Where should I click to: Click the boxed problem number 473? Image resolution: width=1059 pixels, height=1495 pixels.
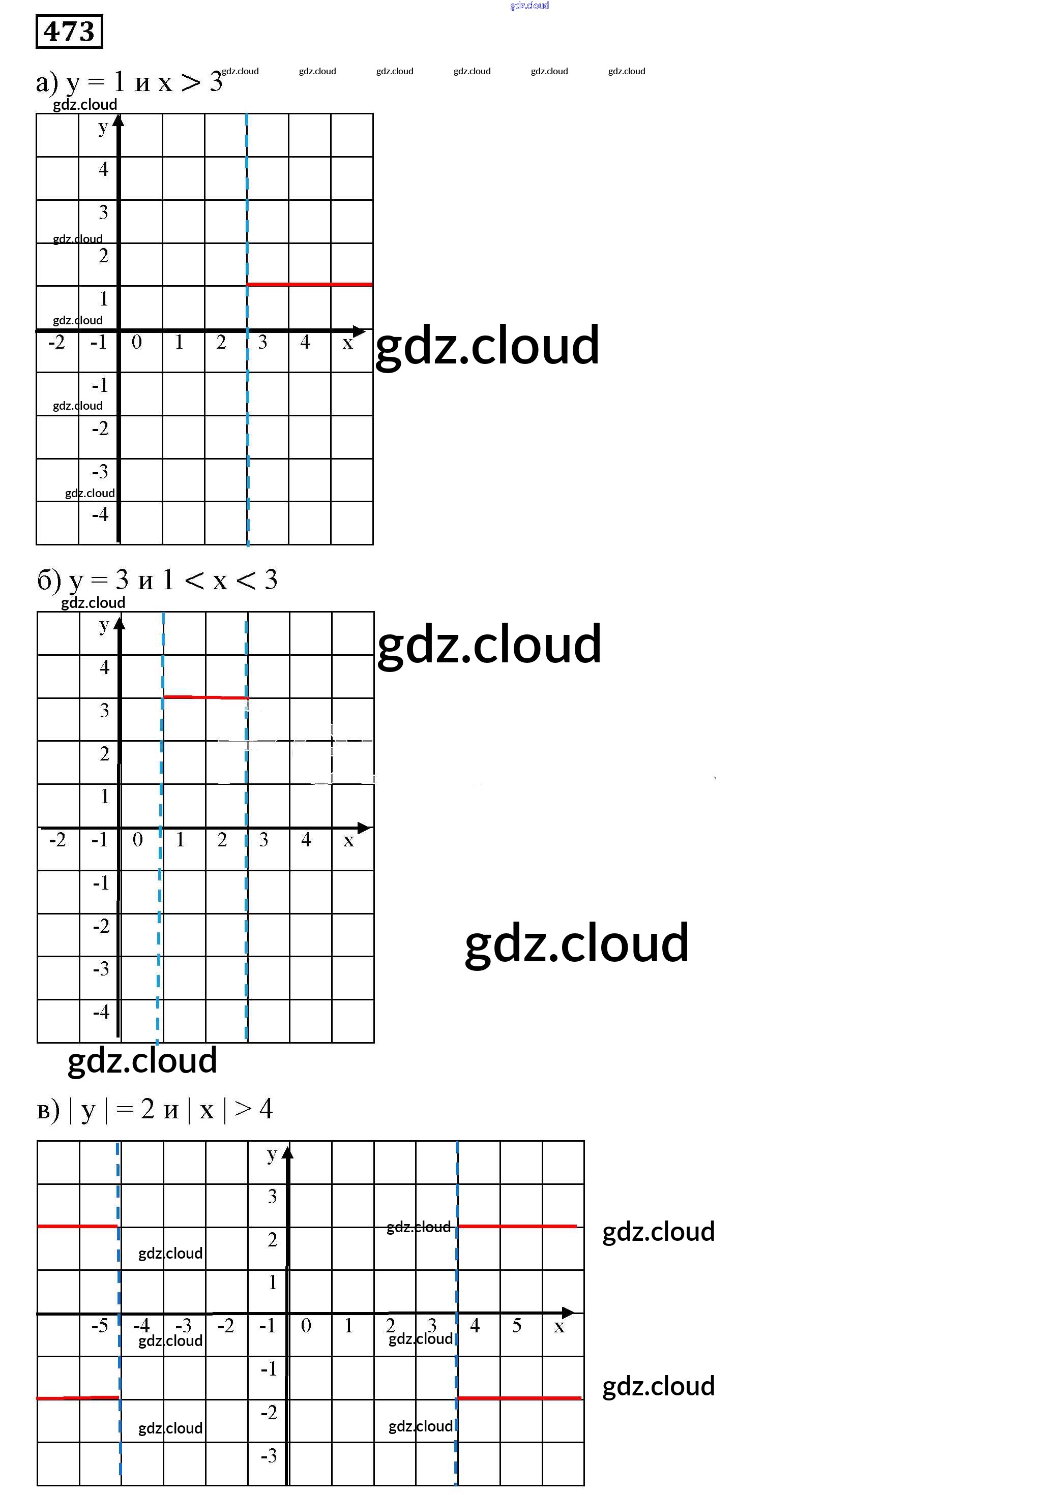(x=69, y=32)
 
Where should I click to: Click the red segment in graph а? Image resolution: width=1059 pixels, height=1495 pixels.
(x=309, y=284)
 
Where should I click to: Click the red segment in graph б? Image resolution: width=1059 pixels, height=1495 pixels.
(x=205, y=697)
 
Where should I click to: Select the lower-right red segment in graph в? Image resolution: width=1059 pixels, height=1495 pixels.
(x=519, y=1398)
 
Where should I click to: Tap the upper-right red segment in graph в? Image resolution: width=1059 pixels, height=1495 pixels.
(x=517, y=1226)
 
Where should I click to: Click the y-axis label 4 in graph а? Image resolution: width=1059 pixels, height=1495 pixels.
(x=104, y=169)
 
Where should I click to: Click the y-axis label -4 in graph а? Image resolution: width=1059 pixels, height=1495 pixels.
(x=100, y=514)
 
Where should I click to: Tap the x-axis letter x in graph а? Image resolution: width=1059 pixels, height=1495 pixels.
(x=347, y=343)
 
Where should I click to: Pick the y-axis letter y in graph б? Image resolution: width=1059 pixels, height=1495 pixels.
(x=104, y=626)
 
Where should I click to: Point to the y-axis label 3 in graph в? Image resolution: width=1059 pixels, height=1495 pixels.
(x=272, y=1196)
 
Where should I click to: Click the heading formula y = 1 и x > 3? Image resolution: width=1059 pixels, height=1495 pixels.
(x=129, y=82)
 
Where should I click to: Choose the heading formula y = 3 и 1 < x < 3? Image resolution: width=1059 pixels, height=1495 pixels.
(x=157, y=580)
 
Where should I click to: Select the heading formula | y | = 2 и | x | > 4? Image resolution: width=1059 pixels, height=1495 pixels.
(x=155, y=1109)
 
